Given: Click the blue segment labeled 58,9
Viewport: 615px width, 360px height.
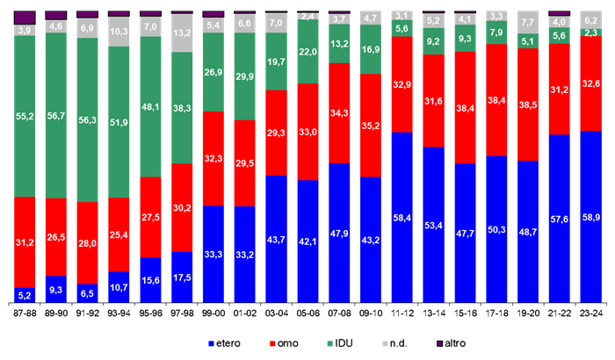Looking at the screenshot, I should tap(590, 217).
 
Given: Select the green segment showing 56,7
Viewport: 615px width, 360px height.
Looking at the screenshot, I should tap(56, 115).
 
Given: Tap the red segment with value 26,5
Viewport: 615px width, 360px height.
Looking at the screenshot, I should tap(56, 237).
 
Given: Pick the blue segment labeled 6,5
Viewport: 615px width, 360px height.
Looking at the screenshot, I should tap(88, 294).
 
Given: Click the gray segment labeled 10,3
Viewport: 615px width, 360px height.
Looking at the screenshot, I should tap(119, 32).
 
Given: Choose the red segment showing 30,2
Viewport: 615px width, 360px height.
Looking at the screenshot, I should tap(182, 208).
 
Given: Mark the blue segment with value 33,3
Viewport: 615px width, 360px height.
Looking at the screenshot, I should tap(213, 255).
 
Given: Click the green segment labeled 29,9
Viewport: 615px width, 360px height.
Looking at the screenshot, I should tap(245, 76).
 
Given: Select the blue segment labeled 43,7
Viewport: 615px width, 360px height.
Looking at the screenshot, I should tap(276, 240).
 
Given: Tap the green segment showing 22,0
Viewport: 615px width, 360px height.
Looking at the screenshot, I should tap(307, 53).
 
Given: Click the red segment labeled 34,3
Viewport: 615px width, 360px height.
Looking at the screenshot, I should tap(339, 113).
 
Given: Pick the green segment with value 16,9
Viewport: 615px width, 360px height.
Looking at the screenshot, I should tap(371, 49).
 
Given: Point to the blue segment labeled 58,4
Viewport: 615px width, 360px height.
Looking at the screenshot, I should tap(402, 218).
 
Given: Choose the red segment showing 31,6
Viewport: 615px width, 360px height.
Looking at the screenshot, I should tap(433, 101).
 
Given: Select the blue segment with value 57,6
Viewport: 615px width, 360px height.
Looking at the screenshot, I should tap(560, 219).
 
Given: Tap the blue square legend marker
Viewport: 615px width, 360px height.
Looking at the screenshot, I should tap(211, 343).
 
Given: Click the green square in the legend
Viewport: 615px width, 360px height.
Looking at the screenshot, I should tap(329, 343).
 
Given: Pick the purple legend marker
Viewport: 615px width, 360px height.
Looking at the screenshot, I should tap(440, 343).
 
